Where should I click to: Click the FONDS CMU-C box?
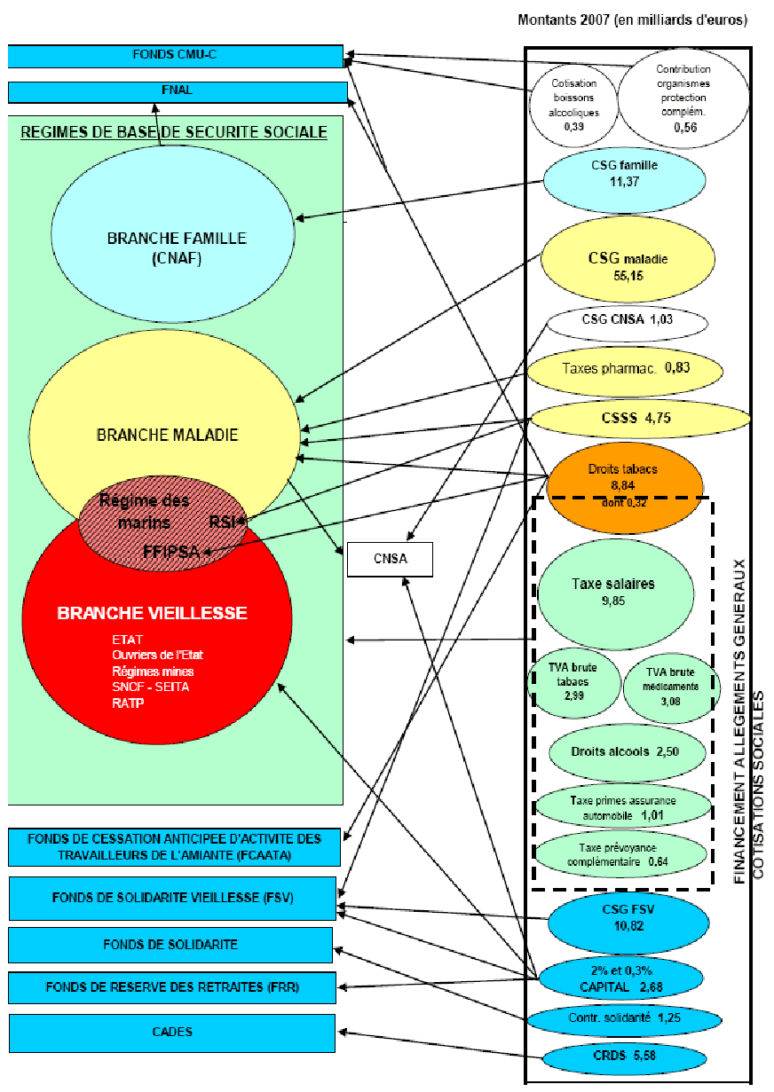pyautogui.click(x=175, y=56)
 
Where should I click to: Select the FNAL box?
pyautogui.click(x=177, y=91)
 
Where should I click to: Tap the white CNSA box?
pyautogui.click(x=389, y=560)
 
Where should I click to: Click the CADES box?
pyautogui.click(x=171, y=1033)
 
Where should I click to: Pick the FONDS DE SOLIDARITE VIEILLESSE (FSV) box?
pyautogui.click(x=172, y=898)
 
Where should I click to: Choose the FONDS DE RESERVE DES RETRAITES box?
pyautogui.click(x=172, y=986)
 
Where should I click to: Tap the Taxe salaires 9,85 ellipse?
pyautogui.click(x=613, y=591)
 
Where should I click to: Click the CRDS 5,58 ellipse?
pyautogui.click(x=624, y=1057)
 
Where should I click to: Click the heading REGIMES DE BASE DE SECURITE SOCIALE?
pyautogui.click(x=174, y=132)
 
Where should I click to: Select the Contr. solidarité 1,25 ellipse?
pyautogui.click(x=624, y=1018)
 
